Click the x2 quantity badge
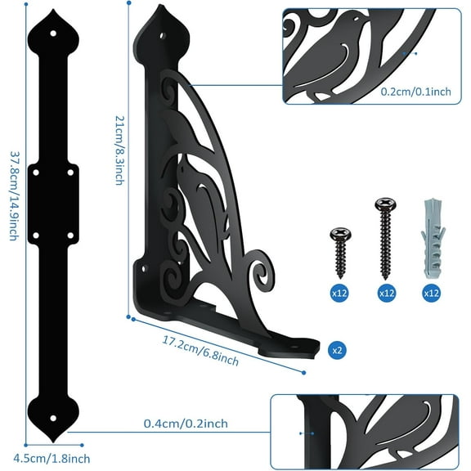(335, 348)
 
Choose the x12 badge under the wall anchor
(429, 290)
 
